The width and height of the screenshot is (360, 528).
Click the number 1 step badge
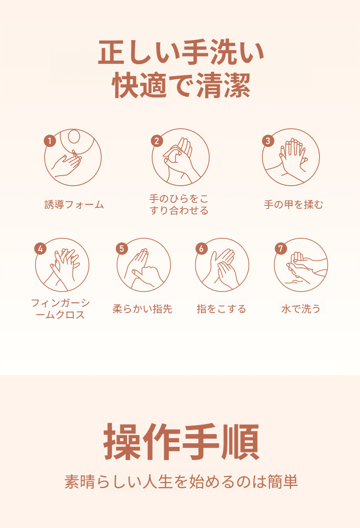click(50, 141)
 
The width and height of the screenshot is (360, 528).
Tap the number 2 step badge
click(157, 141)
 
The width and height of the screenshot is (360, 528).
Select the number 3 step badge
click(267, 141)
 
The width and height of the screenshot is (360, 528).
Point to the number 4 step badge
click(41, 249)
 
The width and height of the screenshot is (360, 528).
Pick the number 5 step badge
click(122, 249)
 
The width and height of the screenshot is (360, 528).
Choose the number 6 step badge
click(201, 249)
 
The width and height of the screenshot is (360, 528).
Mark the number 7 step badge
click(280, 249)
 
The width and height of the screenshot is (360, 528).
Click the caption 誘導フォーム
click(74, 205)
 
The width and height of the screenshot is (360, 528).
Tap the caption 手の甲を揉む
click(293, 205)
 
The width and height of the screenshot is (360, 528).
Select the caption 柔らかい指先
click(142, 309)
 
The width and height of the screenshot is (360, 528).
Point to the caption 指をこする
click(221, 309)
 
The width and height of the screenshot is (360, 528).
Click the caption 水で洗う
click(301, 309)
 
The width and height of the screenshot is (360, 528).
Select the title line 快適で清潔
click(181, 86)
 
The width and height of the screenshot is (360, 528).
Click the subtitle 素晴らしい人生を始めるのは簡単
click(181, 482)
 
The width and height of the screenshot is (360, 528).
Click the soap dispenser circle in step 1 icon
click(74, 137)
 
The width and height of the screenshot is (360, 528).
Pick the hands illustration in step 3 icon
click(292, 158)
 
